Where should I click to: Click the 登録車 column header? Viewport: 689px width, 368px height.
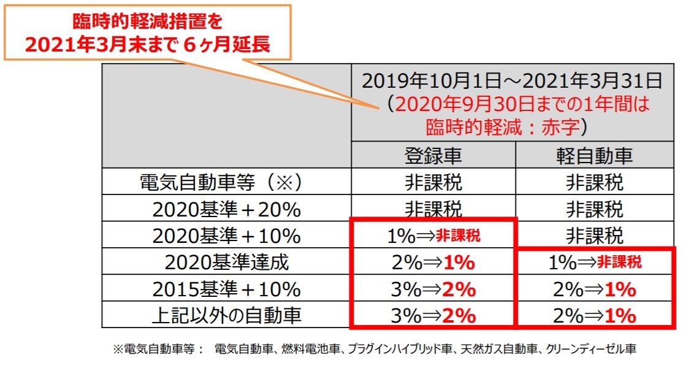click(433, 156)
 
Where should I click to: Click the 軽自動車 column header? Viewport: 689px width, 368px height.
click(594, 156)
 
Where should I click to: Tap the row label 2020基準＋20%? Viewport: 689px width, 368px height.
click(226, 209)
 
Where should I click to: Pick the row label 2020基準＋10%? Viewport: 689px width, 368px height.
click(226, 236)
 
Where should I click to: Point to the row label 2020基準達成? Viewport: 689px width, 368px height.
click(226, 263)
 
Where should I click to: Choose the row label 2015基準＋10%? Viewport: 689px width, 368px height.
click(226, 289)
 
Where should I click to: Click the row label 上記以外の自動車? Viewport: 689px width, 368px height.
click(226, 316)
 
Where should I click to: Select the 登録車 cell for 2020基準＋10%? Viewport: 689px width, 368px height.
click(433, 236)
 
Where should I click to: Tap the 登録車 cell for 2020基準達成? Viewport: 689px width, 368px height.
click(433, 263)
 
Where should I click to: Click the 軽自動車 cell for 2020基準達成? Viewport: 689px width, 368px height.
click(594, 263)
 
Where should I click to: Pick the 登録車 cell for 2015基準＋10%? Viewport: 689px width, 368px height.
click(433, 289)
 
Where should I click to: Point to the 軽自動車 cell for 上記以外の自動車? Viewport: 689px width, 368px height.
click(594, 316)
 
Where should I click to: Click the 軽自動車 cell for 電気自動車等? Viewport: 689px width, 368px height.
click(594, 182)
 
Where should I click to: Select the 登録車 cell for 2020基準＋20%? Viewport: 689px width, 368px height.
click(433, 209)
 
